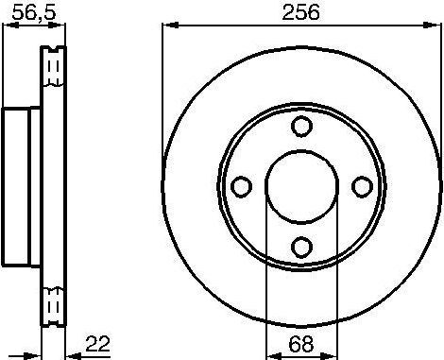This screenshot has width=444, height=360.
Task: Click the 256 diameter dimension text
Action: (x=299, y=12)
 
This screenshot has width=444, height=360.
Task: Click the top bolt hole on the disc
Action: (x=300, y=127)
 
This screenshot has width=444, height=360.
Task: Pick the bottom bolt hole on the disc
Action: (x=300, y=248)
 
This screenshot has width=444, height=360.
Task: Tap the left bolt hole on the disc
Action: (x=240, y=187)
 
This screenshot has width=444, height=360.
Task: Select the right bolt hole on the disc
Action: (x=361, y=187)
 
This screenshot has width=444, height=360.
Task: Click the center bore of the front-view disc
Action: (x=300, y=186)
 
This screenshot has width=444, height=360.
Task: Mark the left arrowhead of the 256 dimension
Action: (x=167, y=26)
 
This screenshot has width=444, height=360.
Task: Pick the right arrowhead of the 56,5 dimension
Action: (x=65, y=26)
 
